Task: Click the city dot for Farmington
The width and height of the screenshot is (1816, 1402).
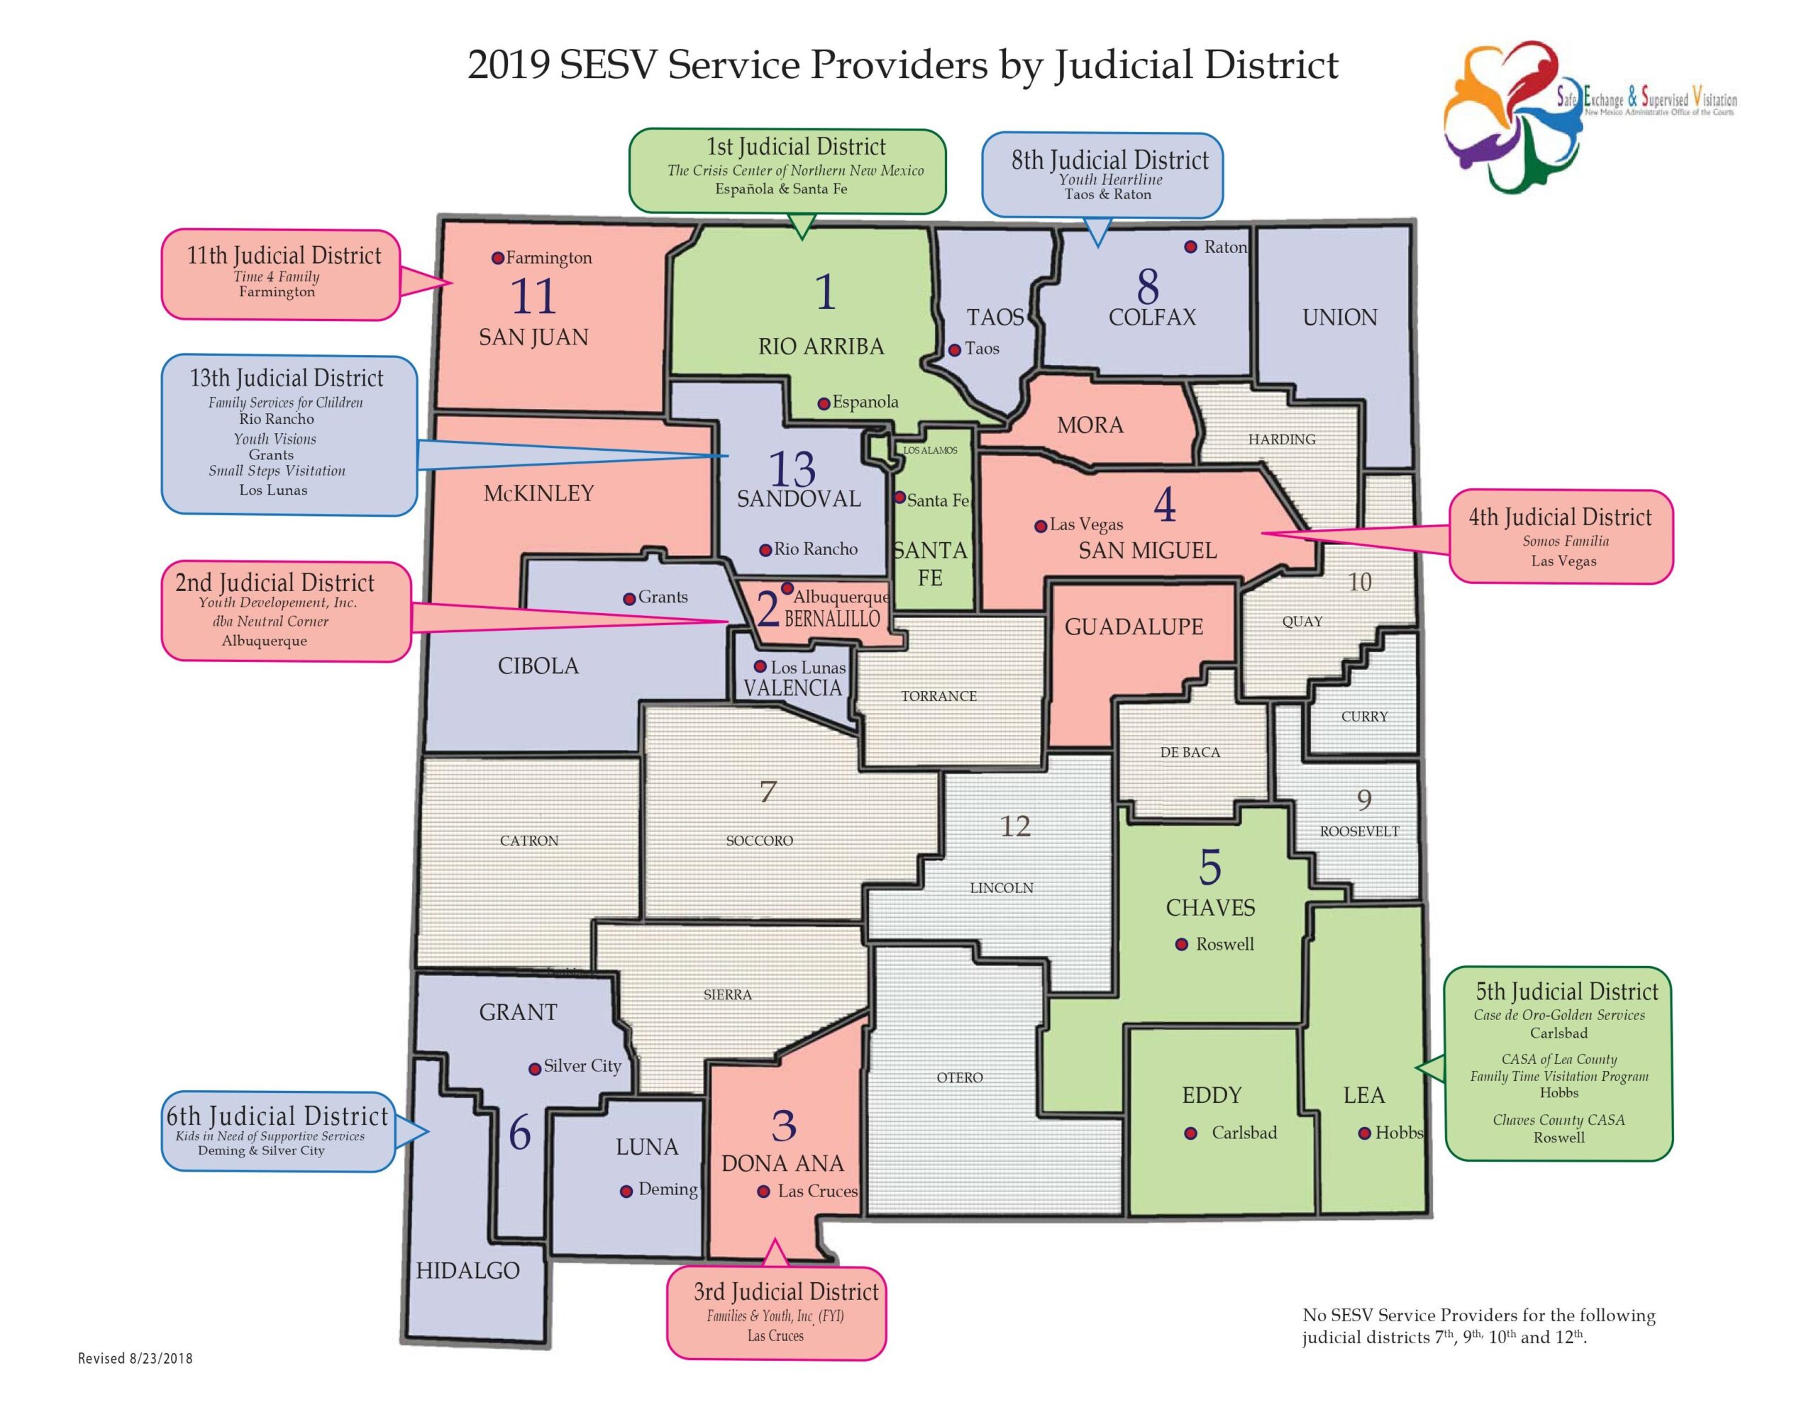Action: click(x=497, y=257)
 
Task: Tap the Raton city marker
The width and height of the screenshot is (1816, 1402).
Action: click(x=1191, y=247)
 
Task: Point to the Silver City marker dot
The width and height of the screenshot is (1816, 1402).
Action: click(x=535, y=1069)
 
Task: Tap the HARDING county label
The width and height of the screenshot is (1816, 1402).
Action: click(x=1281, y=439)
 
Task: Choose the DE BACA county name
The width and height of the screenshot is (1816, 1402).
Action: click(x=1190, y=752)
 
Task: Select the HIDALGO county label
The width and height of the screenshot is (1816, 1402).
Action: click(x=467, y=1271)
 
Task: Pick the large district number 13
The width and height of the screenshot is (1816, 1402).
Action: click(x=792, y=469)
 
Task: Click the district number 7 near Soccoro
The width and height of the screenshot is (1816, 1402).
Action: click(x=768, y=791)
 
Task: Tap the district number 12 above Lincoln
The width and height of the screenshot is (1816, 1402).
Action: click(x=1014, y=826)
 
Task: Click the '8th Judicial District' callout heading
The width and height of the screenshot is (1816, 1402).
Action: click(x=1109, y=159)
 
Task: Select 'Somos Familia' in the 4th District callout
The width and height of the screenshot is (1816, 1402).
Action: click(x=1565, y=541)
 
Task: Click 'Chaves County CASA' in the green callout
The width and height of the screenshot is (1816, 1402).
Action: click(x=1558, y=1121)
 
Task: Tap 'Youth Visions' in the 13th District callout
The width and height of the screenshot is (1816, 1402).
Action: click(x=275, y=439)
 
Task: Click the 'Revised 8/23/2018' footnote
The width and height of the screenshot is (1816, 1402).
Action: click(x=135, y=1358)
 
